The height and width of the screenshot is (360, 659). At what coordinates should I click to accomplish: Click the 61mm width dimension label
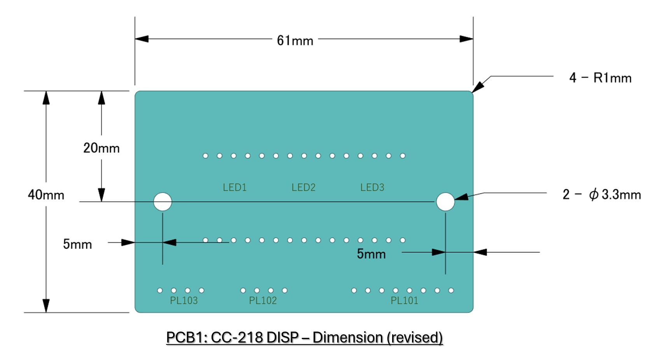[x=295, y=40]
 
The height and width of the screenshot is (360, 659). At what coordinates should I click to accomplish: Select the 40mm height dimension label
[x=46, y=195]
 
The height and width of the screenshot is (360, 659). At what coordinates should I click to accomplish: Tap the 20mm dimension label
[x=102, y=148]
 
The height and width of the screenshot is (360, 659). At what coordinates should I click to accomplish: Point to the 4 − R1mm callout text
[x=601, y=78]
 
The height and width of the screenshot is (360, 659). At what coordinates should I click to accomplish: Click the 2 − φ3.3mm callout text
[x=602, y=195]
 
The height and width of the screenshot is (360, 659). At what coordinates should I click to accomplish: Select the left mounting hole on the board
[x=163, y=202]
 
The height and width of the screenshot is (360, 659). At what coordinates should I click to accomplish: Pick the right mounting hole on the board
[x=445, y=202]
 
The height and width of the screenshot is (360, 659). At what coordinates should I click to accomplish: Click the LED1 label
[x=235, y=187]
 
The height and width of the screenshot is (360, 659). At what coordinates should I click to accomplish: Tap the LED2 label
[x=303, y=187]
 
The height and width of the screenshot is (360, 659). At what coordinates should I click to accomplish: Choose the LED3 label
[x=372, y=187]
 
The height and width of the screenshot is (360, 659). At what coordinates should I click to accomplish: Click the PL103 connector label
[x=184, y=301]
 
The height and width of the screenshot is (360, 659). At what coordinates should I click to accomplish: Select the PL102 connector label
[x=263, y=301]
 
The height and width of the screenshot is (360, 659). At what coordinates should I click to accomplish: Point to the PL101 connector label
[x=404, y=301]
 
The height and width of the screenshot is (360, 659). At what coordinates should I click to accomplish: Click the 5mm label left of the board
[x=77, y=244]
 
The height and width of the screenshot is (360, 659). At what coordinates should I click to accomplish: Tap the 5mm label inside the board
[x=371, y=254]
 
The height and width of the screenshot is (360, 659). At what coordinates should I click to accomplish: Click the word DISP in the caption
[x=282, y=337]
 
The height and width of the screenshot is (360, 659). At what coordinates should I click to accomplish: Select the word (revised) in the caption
[x=415, y=338]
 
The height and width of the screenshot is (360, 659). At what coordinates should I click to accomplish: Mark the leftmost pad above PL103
[x=160, y=290]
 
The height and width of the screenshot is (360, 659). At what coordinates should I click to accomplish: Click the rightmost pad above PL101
[x=451, y=290]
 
